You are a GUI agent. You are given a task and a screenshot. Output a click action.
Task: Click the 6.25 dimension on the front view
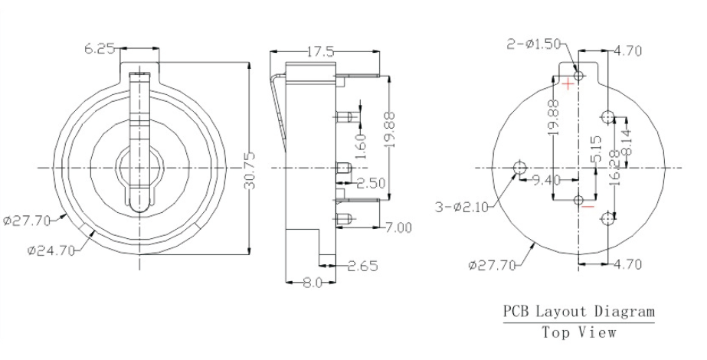(100, 48)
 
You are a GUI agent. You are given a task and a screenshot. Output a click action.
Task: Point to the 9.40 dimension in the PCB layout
(543, 182)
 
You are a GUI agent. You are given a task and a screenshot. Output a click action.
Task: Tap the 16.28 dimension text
(613, 165)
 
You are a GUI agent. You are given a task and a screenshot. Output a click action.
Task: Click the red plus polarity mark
(568, 84)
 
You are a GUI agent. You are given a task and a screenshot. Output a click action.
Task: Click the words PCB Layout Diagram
(578, 312)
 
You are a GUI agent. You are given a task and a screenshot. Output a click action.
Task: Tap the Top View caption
(578, 332)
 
